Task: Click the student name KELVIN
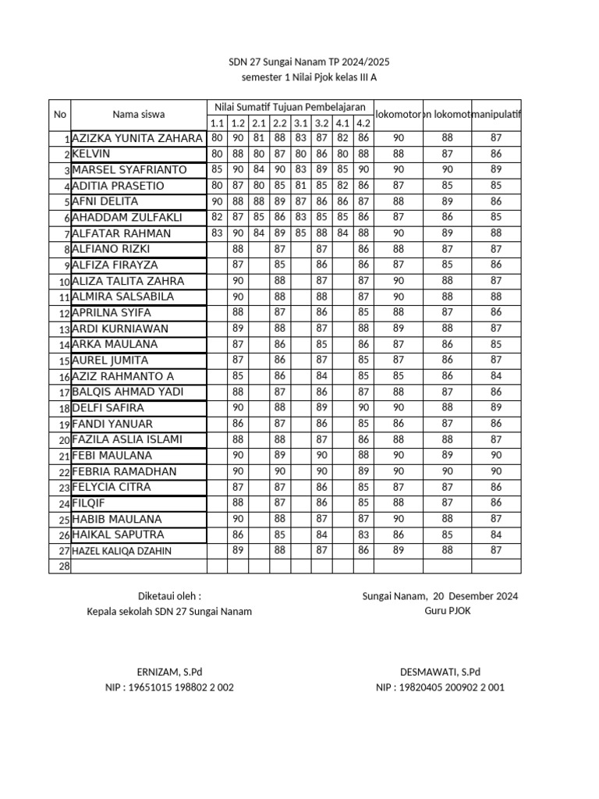coord(91,154)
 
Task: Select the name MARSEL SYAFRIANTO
coord(129,169)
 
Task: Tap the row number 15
coord(65,361)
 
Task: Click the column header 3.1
coord(300,123)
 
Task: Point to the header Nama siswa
coord(138,114)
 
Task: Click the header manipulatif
coord(497,114)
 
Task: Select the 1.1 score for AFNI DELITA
coord(217,201)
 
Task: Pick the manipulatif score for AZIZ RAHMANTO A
coord(497,376)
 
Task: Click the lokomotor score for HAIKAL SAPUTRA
coord(399,535)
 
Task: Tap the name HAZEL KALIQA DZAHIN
coord(122,551)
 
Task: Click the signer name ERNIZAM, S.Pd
coord(169,671)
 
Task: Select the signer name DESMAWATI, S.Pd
coord(440,671)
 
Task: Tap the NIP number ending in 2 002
coord(169,687)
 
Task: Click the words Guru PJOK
coord(447,611)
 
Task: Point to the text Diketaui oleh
coord(169,596)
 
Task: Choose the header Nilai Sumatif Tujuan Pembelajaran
coord(290,106)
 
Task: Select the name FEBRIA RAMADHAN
coord(124,472)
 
